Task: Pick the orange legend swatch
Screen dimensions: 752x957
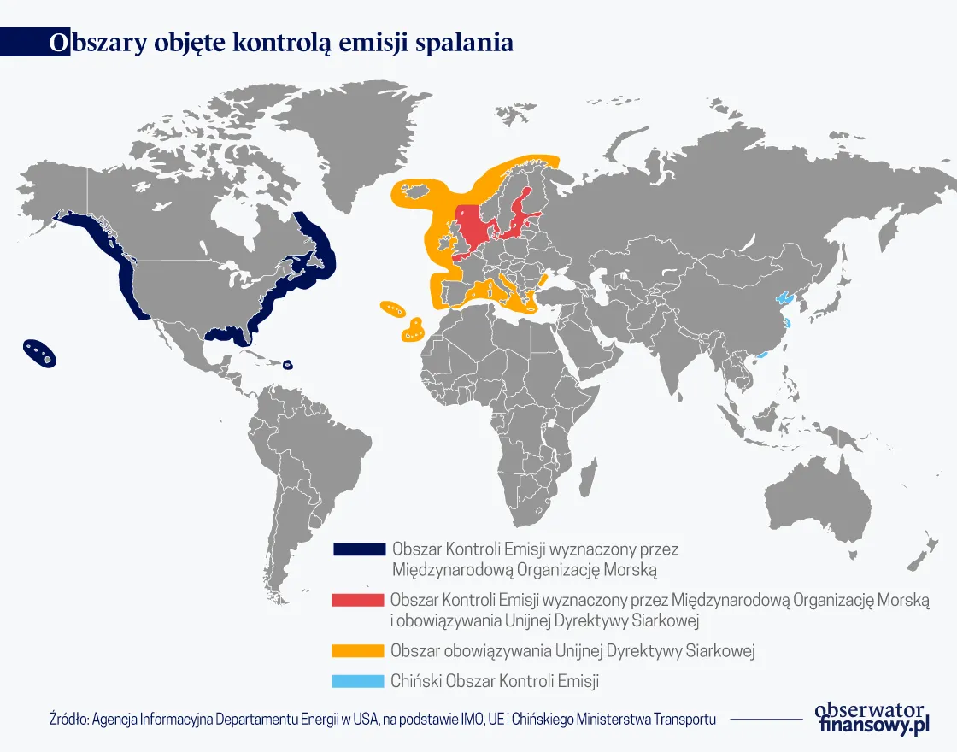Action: [358, 650]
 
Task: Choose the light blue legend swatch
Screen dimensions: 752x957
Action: [358, 681]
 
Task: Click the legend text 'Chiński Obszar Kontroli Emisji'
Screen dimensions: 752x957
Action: [495, 681]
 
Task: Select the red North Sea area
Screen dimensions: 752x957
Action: [471, 226]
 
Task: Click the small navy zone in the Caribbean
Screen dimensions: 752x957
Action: [288, 365]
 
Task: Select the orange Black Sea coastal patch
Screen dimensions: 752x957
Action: [542, 279]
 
